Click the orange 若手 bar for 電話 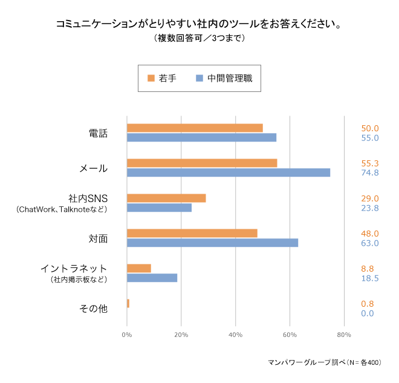tap(195, 128)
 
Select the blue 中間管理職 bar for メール tap(229, 172)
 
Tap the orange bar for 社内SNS tap(166, 198)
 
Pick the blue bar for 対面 tap(212, 243)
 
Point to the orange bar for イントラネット tap(139, 268)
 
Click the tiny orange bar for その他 tap(128, 303)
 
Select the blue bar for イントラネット tap(152, 278)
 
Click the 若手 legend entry tap(162, 79)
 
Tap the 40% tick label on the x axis tap(235, 335)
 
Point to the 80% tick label tap(343, 335)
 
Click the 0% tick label tap(127, 335)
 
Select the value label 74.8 tap(369, 173)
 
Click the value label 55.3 tap(369, 163)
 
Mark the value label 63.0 tap(369, 243)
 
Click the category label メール tap(94, 168)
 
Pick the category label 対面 tap(98, 238)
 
